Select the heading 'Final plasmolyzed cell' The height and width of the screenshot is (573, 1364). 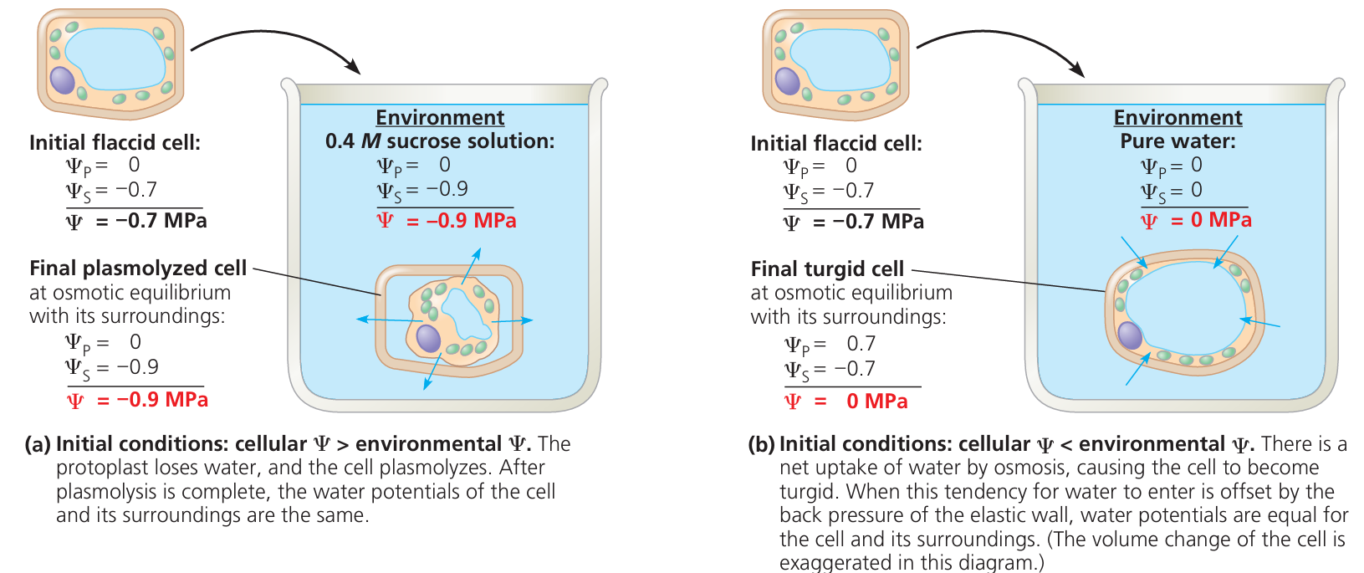138,269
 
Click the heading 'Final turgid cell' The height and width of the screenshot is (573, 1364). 827,269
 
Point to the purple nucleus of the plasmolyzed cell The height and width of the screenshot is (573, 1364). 428,339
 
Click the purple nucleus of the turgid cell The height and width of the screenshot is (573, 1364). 1130,335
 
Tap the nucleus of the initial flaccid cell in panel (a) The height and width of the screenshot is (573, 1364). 63,80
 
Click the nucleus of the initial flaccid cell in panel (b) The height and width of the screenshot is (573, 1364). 787,81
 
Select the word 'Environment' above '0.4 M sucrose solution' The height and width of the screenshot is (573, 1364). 440,118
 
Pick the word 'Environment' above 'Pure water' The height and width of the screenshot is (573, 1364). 1178,118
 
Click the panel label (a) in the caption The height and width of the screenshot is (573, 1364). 38,444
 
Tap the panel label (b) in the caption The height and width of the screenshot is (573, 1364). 761,444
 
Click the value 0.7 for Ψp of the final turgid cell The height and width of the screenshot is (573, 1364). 861,344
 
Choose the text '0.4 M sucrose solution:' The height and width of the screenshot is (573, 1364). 440,141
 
